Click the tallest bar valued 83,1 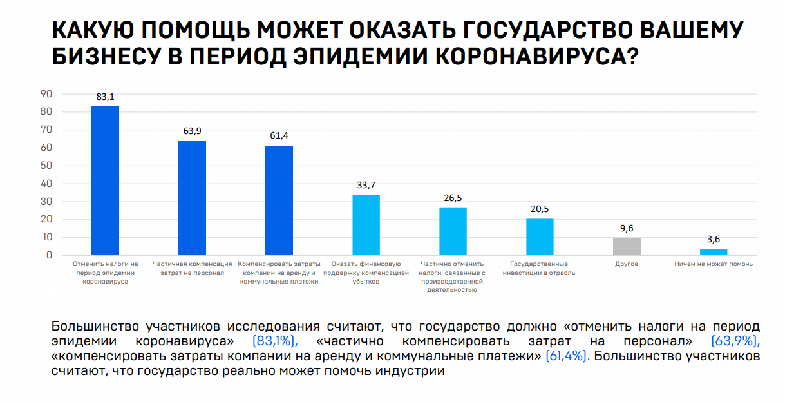[105, 180]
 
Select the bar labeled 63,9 [192, 198]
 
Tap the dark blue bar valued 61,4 [279, 200]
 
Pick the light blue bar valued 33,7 [366, 225]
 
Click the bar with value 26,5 [453, 231]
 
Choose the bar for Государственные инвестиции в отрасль [540, 237]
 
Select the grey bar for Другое [627, 247]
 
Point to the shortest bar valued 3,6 [714, 252]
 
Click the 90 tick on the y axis [46, 93]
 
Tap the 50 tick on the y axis [46, 166]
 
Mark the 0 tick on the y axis [48, 255]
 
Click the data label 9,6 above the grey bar [627, 229]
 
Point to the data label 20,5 [540, 209]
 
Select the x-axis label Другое [627, 264]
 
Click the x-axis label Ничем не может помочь [714, 264]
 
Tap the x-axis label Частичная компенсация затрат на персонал [192, 268]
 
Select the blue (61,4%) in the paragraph [567, 356]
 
